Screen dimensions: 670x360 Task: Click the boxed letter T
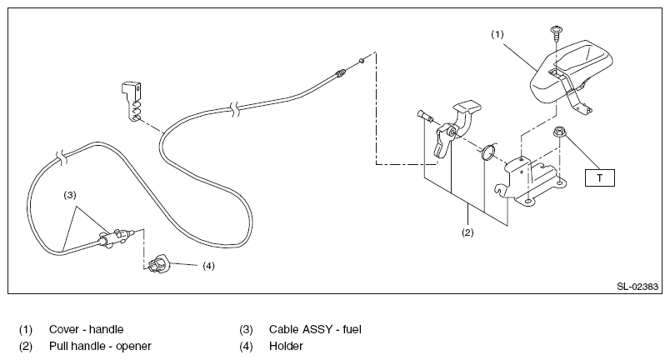tap(599, 178)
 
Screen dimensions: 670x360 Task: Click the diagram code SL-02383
tap(637, 287)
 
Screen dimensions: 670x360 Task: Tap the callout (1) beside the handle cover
tap(497, 34)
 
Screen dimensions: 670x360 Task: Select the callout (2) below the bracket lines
tap(467, 232)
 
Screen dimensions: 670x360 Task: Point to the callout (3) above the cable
tap(70, 195)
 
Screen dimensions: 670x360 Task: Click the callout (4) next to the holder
tap(208, 266)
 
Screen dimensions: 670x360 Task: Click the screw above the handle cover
tap(556, 32)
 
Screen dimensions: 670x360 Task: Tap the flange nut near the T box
tap(558, 131)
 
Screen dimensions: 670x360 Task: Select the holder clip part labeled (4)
tap(159, 263)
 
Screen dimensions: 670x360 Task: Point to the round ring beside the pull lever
tap(488, 152)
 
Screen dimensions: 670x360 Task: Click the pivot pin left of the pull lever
tap(424, 115)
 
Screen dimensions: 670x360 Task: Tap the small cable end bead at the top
tap(362, 61)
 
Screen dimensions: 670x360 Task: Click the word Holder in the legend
tap(286, 346)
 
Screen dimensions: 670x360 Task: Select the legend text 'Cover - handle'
tap(87, 329)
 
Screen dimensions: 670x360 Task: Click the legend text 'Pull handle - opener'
tap(100, 346)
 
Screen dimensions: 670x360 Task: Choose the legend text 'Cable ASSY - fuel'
tap(315, 329)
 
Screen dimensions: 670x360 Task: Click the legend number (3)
tap(246, 330)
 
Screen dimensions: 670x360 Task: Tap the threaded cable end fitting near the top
tap(340, 73)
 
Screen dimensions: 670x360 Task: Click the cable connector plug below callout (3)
tap(116, 237)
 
